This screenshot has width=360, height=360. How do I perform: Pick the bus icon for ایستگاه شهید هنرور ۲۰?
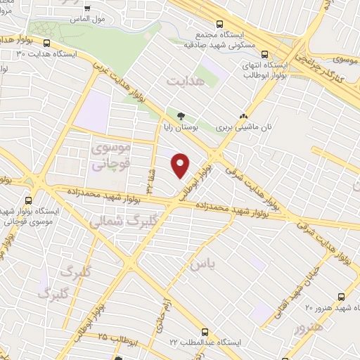[x=341, y=297]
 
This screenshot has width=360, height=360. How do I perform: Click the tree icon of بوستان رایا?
[x=181, y=117]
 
